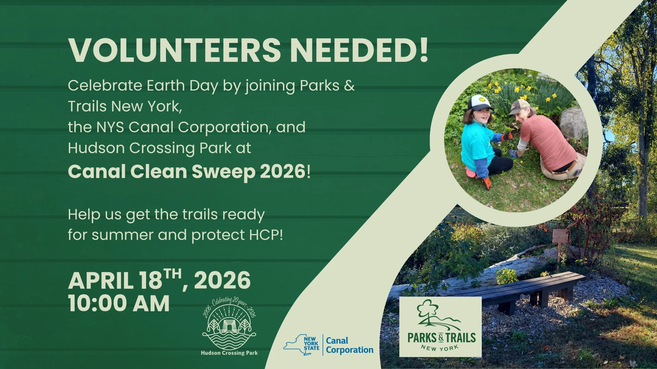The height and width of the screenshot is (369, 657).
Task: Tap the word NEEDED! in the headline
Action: coord(359,51)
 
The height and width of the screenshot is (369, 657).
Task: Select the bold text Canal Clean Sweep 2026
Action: coord(186,172)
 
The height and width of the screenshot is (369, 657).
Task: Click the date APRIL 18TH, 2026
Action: coord(159,281)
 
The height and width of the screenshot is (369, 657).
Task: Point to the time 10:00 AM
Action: coord(119,303)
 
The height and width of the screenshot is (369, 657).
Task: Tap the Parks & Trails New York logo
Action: coord(440,327)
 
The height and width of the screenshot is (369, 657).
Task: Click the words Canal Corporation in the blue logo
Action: coord(349,345)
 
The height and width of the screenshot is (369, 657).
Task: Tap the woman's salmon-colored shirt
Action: coord(547,140)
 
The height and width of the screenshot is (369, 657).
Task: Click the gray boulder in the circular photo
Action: coord(573,123)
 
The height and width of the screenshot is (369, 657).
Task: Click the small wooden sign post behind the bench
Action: coord(560,239)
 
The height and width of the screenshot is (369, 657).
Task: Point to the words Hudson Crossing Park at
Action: coord(159,148)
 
